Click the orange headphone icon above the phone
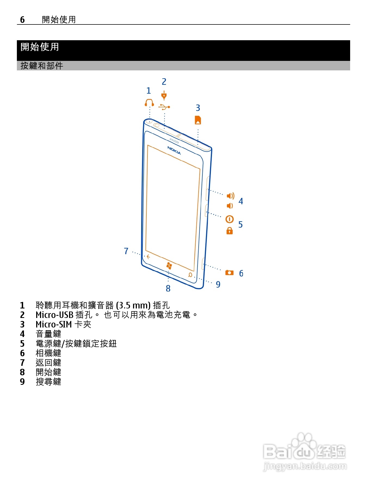(x=149, y=103)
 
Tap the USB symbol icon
(x=164, y=107)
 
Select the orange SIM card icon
(x=198, y=120)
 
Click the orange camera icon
(x=229, y=273)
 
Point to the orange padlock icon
(x=230, y=231)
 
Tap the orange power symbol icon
(x=230, y=219)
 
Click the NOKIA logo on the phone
(x=174, y=150)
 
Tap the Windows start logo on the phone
(x=169, y=266)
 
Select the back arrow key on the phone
(x=148, y=257)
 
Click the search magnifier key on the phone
(x=190, y=275)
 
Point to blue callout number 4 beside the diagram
(x=241, y=201)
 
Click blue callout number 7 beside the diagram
(x=126, y=251)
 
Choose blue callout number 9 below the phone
(x=218, y=284)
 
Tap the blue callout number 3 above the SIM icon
(x=198, y=108)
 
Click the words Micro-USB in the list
(x=54, y=315)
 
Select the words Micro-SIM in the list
(x=54, y=324)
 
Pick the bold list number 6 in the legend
(x=22, y=353)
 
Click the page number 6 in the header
(x=22, y=20)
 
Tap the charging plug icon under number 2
(x=164, y=96)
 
